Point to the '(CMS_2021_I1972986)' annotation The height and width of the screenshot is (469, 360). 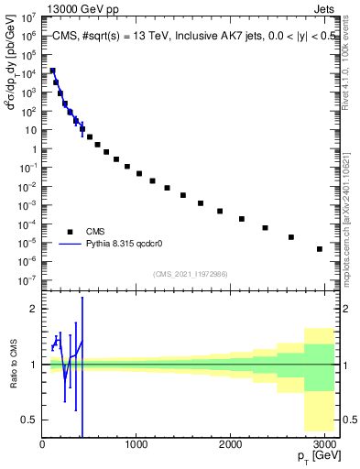[191, 273]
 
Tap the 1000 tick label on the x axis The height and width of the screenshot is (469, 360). [136, 443]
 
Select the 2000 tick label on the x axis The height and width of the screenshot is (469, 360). [231, 443]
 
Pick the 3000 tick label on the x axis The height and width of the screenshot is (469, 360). [324, 443]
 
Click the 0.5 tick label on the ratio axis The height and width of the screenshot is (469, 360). [29, 420]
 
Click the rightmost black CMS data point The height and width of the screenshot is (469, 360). [320, 249]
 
